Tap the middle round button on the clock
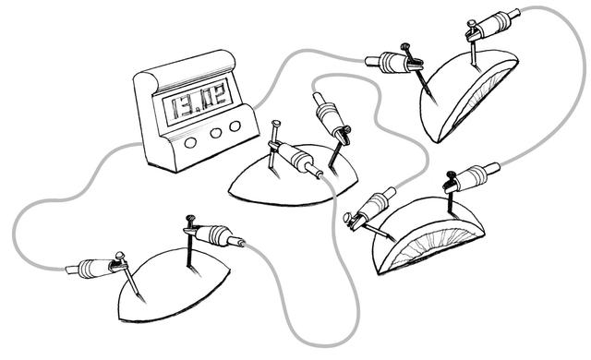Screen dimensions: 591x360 215,133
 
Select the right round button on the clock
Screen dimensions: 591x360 235,126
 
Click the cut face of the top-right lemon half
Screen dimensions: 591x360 479,98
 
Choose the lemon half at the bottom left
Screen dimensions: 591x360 172,284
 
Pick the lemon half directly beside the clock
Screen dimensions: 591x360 293,176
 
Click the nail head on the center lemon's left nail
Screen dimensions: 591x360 276,123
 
